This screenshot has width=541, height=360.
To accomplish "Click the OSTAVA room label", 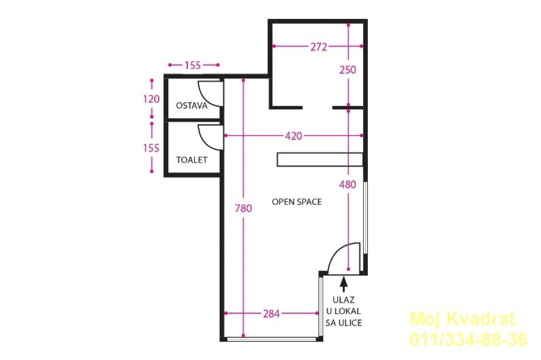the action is pos(192,106).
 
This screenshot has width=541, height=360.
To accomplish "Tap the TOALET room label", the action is pos(192,160).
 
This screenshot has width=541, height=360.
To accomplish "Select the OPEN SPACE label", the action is pos(297,202).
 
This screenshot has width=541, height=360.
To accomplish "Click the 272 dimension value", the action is pos(319,47).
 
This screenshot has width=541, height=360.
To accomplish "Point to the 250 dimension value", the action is pos(348,70).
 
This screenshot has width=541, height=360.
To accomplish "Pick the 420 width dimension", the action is pos(293,136).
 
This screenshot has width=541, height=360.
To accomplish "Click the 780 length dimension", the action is pos(243,208).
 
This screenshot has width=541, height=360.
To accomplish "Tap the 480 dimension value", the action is pos(348,185).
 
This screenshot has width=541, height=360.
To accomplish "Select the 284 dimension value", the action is pos(271,314).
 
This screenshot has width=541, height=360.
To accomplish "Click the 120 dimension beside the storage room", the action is pos(151,99).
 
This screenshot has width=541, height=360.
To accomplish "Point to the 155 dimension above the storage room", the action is pos(193,65).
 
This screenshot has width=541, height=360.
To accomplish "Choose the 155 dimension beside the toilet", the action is pos(151,148).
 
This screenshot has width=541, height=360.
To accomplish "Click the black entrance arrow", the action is pos(344,285).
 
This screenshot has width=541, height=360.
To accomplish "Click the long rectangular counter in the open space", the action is pos(320,159).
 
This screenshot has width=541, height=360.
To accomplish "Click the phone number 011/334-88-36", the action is pos(468,340).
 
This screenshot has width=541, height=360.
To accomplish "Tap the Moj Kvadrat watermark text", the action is pos(462,319).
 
